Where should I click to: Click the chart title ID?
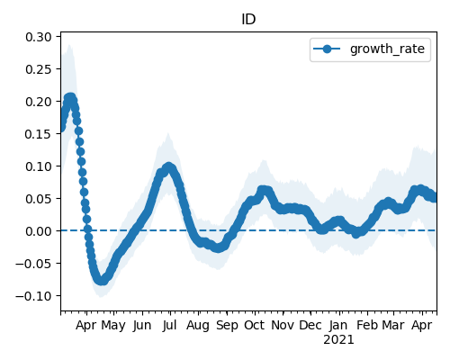pyautogui.click(x=248, y=19)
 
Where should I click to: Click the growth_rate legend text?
pyautogui.click(x=387, y=49)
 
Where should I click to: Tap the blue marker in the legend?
pyautogui.click(x=327, y=49)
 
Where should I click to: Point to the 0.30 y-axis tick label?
pyautogui.click(x=39, y=37)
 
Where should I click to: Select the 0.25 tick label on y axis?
pyautogui.click(x=39, y=69)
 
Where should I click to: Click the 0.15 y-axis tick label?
pyautogui.click(x=39, y=134)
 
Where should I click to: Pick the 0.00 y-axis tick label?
pyautogui.click(x=39, y=231)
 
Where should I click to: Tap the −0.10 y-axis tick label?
pyautogui.click(x=34, y=296)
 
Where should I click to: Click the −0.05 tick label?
pyautogui.click(x=34, y=264)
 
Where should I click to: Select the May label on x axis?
pyautogui.click(x=113, y=326)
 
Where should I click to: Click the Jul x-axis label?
pyautogui.click(x=169, y=325)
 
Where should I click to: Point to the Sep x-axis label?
pyautogui.click(x=227, y=326)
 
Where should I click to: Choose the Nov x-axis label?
pyautogui.click(x=283, y=325)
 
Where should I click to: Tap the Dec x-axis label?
pyautogui.click(x=310, y=325)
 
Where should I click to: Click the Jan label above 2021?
pyautogui.click(x=338, y=325)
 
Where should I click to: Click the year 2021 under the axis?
pyautogui.click(x=338, y=340)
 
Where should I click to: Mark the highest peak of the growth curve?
pyautogui.click(x=70, y=98)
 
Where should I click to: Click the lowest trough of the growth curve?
pyautogui.click(x=102, y=281)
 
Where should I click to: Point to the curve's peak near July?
pyautogui.click(x=168, y=166)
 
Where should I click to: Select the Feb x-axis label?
pyautogui.click(x=367, y=325)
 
